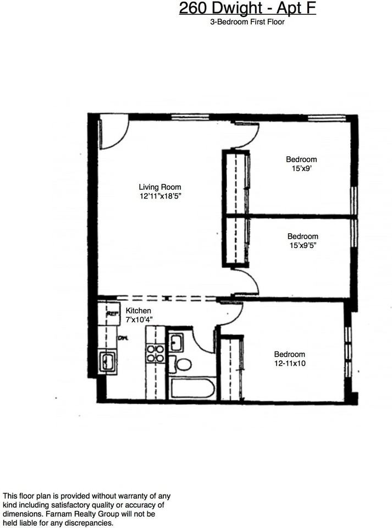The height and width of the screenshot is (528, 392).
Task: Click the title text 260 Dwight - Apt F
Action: click(248, 9)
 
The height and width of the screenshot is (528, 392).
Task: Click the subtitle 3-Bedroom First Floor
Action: click(248, 22)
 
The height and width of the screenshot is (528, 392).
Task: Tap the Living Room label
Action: click(159, 187)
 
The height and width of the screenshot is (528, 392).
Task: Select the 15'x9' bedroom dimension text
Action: click(301, 169)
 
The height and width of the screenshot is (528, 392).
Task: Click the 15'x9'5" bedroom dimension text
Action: click(302, 246)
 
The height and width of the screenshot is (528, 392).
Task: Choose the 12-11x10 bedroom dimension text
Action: click(290, 364)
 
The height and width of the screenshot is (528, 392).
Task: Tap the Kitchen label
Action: click(139, 311)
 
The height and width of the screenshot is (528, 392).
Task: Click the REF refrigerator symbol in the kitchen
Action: click(113, 313)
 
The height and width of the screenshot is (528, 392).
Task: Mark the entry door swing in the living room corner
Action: click(113, 135)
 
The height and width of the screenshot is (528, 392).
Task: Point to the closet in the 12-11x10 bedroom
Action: click(231, 369)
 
